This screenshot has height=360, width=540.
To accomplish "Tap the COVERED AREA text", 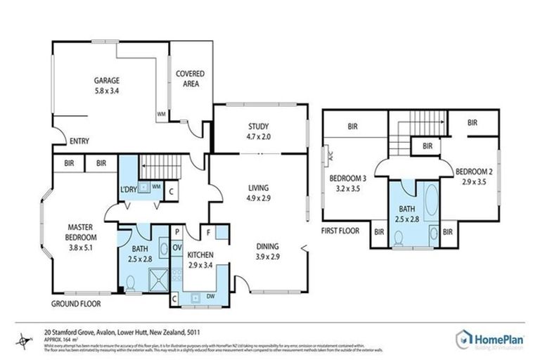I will pos(187,78).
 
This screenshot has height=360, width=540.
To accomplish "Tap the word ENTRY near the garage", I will pos(79,141).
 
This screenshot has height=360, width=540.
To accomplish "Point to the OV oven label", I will pos(177,247).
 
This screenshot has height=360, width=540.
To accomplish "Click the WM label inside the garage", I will pos(161,113).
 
